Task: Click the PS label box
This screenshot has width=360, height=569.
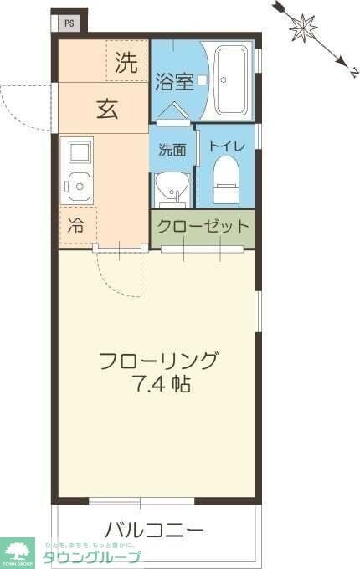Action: pyautogui.click(x=69, y=23)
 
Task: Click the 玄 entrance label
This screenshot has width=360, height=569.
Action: pyautogui.click(x=106, y=109)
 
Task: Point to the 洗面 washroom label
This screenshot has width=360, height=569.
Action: pyautogui.click(x=172, y=150)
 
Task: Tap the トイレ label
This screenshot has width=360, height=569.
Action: pyautogui.click(x=227, y=146)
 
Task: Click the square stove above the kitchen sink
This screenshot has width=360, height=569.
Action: pyautogui.click(x=80, y=152)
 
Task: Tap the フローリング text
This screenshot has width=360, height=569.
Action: pyautogui.click(x=157, y=361)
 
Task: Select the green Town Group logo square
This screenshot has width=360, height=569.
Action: pyautogui.click(x=18, y=551)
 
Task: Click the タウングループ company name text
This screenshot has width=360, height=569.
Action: pyautogui.click(x=92, y=557)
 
